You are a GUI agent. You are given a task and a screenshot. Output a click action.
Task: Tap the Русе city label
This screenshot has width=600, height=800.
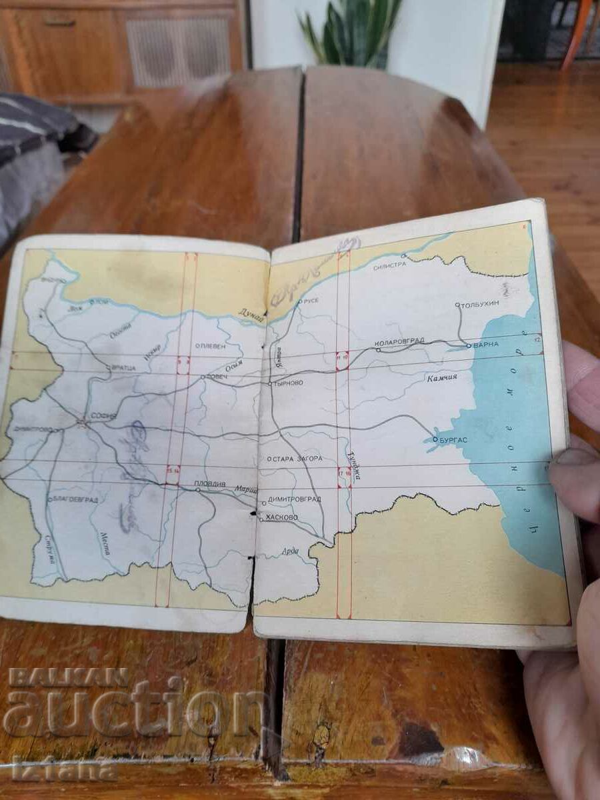[311, 301]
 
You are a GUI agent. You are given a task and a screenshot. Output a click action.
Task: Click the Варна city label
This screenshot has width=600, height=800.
[482, 345]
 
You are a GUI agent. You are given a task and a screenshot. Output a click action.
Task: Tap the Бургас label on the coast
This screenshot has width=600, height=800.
[454, 440]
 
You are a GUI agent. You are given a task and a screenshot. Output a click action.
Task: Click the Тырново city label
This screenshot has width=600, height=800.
[289, 383]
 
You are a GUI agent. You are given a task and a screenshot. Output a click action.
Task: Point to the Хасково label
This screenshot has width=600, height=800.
[283, 517]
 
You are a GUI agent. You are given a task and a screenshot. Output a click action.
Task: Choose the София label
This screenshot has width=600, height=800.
[103, 416]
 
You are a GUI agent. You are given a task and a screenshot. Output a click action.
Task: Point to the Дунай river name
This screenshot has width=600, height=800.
[253, 321]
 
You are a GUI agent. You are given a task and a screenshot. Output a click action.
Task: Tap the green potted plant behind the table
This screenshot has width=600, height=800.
[349, 30]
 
